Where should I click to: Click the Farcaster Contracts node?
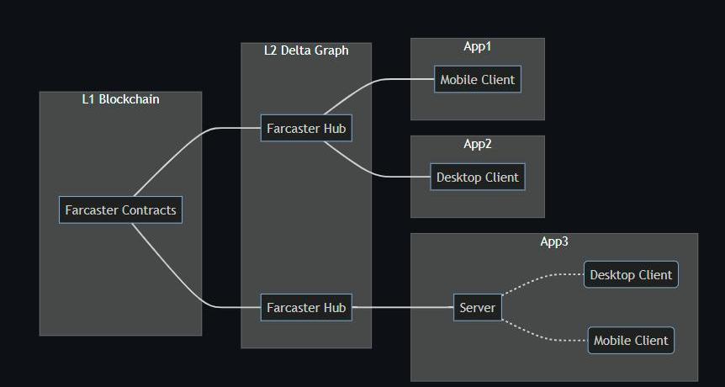pos(120,209)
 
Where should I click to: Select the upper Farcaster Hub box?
pos(305,129)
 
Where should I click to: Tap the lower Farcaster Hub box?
pos(305,308)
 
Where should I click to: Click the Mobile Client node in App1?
pos(478,80)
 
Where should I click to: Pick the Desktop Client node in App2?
pos(478,178)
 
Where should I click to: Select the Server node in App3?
pos(478,308)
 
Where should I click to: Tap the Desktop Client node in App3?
pos(631,275)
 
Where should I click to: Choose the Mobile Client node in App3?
pos(631,341)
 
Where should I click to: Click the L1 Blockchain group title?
pos(120,99)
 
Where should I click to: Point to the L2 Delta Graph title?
pos(306,50)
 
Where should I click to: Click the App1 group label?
pos(477,46)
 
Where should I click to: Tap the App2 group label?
pos(477,144)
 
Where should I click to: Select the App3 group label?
pos(554,241)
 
